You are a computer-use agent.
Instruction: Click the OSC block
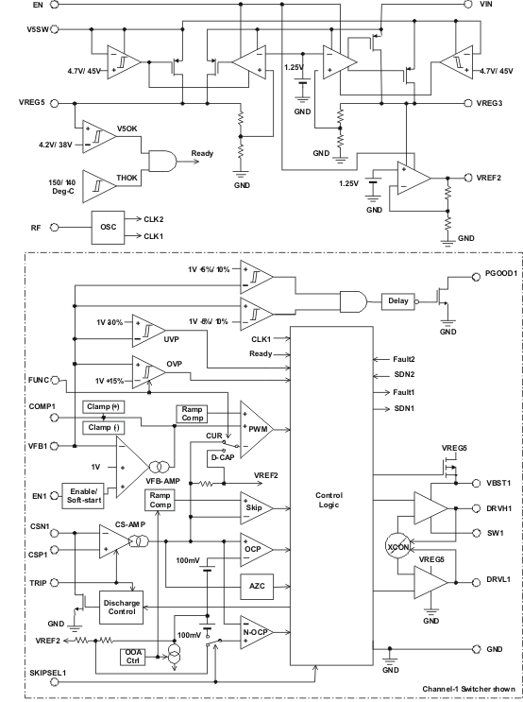(x=109, y=228)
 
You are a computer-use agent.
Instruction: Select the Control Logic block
(x=331, y=496)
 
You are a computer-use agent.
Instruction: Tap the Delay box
(x=398, y=301)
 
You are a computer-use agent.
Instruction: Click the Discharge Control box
(x=122, y=608)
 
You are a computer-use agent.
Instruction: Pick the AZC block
(x=257, y=587)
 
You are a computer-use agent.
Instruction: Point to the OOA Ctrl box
(x=133, y=657)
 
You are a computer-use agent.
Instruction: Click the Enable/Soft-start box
(x=83, y=496)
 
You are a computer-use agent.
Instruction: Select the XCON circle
(x=397, y=547)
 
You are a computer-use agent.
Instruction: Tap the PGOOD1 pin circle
(x=477, y=277)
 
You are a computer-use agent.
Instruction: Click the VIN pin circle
(x=468, y=4)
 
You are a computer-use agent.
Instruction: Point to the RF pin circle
(x=54, y=228)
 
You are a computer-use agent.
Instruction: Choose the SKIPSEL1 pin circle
(x=54, y=682)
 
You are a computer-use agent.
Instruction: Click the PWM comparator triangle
(x=254, y=429)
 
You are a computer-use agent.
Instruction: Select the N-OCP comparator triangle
(x=254, y=632)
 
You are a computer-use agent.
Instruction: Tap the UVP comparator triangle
(x=145, y=331)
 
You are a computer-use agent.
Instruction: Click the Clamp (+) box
(x=103, y=406)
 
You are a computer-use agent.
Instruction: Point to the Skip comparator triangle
(x=254, y=508)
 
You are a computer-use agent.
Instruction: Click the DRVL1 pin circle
(x=477, y=582)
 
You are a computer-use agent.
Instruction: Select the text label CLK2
(x=154, y=219)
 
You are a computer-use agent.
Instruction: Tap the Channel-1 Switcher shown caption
(x=468, y=689)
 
